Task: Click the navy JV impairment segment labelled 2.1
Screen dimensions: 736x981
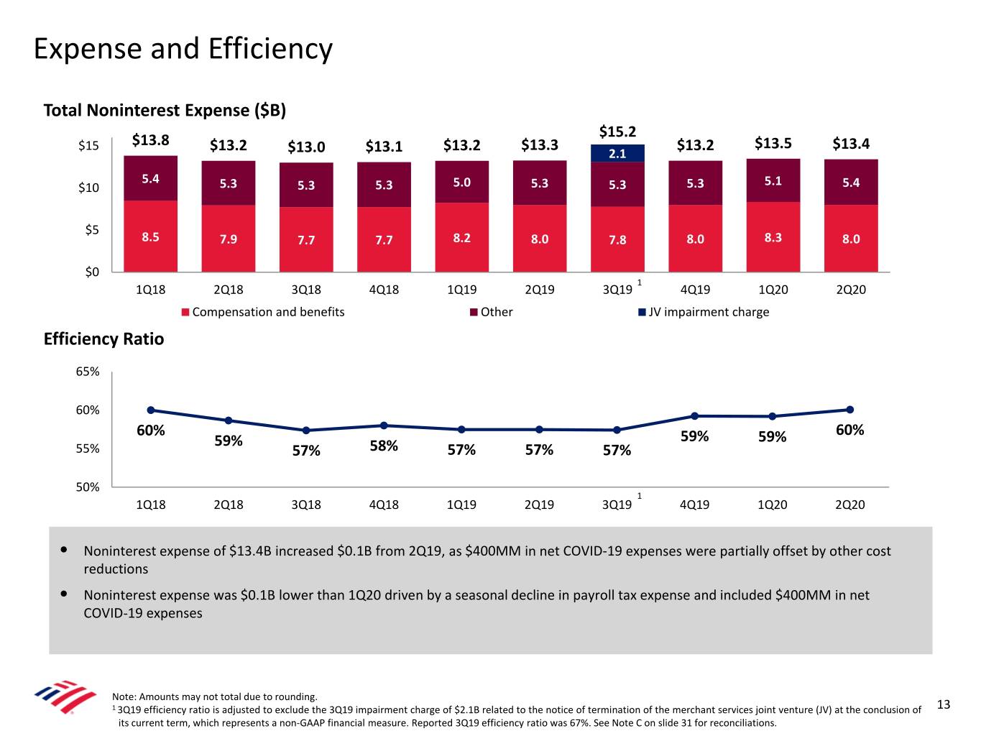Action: (617, 153)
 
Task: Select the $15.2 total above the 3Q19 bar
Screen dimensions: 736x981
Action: (617, 132)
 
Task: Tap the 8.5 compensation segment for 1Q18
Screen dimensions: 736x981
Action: (150, 236)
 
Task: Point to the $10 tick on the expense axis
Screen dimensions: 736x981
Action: (88, 188)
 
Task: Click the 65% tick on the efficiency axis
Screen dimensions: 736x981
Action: (88, 372)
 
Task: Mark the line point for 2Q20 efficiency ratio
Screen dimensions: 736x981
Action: (850, 410)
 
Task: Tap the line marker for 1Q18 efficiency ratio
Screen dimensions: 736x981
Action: (151, 410)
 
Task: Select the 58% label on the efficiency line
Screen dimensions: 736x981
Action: (384, 446)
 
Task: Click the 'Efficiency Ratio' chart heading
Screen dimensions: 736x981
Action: (103, 339)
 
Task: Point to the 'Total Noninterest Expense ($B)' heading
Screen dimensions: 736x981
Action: (165, 110)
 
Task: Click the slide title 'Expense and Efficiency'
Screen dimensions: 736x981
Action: (183, 49)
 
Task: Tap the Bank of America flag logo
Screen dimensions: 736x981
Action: (65, 696)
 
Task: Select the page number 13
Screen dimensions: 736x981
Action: (944, 704)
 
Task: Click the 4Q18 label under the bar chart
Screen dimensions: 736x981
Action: (384, 290)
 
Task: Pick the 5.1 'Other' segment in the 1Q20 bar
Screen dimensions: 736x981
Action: (773, 181)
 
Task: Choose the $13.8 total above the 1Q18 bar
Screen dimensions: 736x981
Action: (150, 140)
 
